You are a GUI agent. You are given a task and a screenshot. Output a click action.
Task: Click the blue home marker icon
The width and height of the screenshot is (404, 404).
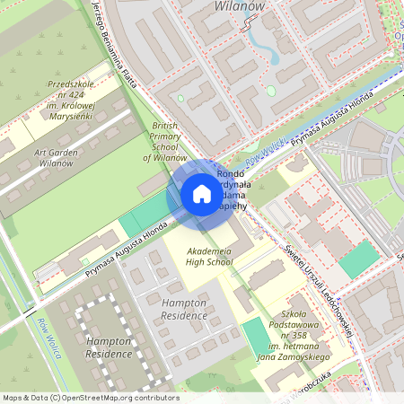[202, 194]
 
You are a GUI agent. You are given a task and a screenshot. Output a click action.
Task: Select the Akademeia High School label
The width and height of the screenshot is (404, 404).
[209, 256]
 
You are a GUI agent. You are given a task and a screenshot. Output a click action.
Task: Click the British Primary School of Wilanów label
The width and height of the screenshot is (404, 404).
[165, 142]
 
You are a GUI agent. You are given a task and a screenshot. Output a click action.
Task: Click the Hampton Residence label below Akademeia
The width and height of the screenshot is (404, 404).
[184, 310]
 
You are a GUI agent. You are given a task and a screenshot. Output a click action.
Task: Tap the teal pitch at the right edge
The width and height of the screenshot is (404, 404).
[361, 259]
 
